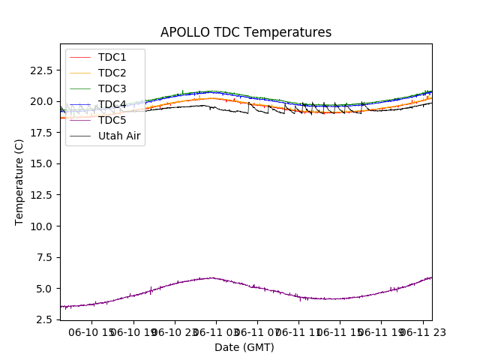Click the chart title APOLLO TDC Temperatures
(246, 33)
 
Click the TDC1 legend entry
(112, 57)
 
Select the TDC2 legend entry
(112, 73)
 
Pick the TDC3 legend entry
(112, 88)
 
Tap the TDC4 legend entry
(112, 104)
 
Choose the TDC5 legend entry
(112, 120)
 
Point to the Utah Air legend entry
(119, 136)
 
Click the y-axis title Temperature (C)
(19, 181)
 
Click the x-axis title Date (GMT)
(244, 347)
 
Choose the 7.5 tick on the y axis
(45, 257)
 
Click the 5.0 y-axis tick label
(45, 289)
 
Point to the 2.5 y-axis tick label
(45, 319)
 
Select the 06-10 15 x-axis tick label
(92, 331)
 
